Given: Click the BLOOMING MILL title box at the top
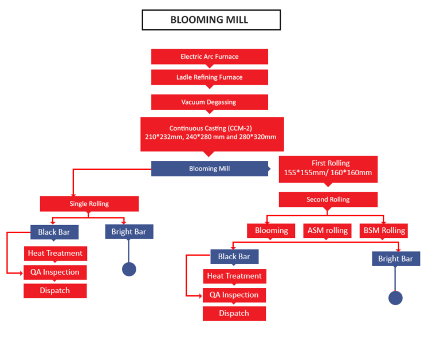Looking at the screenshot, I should (211, 19).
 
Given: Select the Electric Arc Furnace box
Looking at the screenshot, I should (209, 57).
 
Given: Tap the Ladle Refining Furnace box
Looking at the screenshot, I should (209, 77).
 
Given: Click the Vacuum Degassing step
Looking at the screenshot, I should (209, 102).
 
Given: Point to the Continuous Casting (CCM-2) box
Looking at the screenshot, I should (211, 133).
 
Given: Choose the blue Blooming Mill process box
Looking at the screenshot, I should (210, 168).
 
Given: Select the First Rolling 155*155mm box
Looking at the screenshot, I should (328, 168).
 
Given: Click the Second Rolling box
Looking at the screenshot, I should (328, 200).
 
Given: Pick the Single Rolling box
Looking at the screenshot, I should (89, 204).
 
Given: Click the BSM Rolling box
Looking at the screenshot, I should (384, 231).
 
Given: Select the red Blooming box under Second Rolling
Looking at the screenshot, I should (271, 231).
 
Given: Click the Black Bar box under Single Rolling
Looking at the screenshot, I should (54, 232).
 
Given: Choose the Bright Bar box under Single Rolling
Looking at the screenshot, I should (129, 232).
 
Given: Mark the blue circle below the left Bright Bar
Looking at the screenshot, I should (129, 269).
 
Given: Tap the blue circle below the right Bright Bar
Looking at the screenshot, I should (395, 298).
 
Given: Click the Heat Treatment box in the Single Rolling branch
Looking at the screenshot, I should (56, 253).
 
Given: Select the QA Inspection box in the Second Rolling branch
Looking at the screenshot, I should (234, 295).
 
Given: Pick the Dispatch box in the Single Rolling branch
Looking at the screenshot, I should (55, 291).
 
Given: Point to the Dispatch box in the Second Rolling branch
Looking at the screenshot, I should (234, 314).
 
